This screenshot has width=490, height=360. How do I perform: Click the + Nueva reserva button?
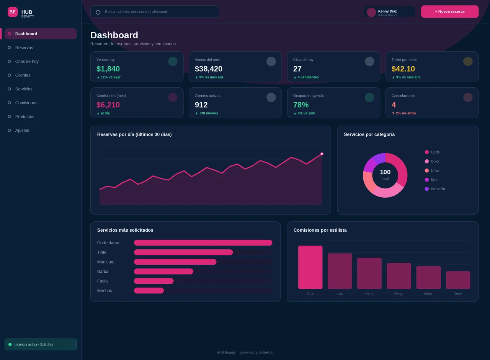click(449, 11)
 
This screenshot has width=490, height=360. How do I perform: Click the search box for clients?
click(155, 11)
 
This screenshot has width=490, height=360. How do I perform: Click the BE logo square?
click(13, 12)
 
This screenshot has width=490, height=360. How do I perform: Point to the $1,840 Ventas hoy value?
click(108, 69)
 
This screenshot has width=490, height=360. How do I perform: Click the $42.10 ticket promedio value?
click(403, 69)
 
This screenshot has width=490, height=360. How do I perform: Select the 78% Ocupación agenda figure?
click(301, 105)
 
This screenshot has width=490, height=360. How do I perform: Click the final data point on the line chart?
click(322, 154)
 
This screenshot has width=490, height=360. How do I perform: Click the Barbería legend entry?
click(434, 189)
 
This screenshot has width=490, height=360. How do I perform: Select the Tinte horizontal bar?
click(183, 252)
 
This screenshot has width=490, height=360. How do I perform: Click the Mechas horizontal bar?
click(149, 291)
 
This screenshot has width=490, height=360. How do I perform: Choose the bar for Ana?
click(310, 267)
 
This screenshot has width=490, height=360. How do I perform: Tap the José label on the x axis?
click(458, 293)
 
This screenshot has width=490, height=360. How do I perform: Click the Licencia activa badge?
click(41, 344)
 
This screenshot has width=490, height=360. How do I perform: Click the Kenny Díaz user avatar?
click(371, 12)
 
